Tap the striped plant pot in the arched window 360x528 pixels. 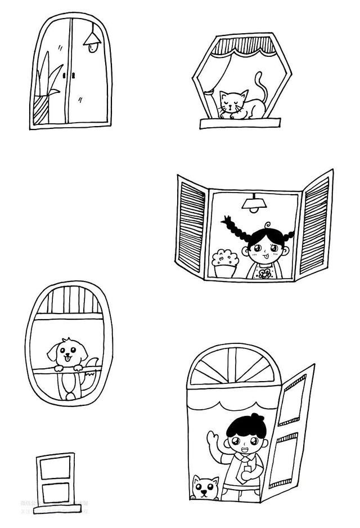click(41, 110)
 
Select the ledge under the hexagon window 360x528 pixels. click(240, 123)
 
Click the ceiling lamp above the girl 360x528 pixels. click(254, 204)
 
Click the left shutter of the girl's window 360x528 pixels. click(192, 225)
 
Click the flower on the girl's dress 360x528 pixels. click(264, 274)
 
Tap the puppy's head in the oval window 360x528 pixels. click(67, 352)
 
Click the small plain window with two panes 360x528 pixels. click(55, 482)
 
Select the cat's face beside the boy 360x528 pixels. click(205, 489)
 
